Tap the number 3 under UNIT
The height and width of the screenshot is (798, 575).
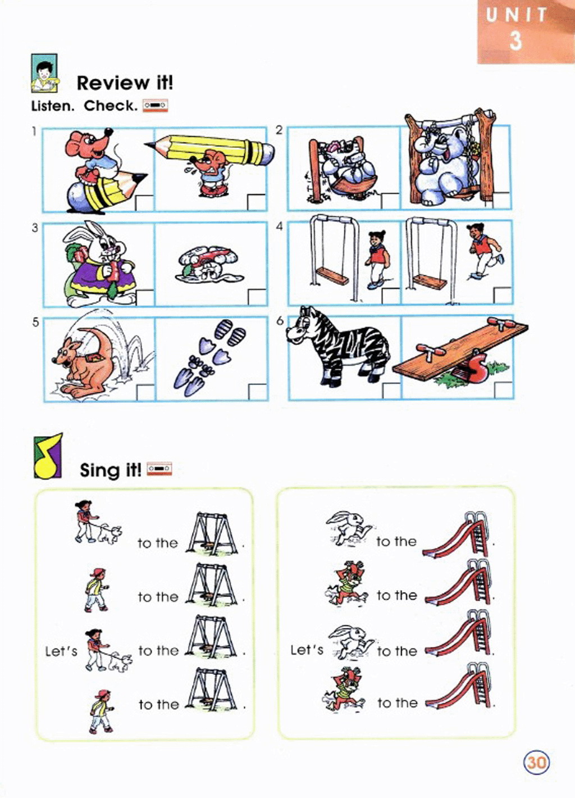pyautogui.click(x=515, y=40)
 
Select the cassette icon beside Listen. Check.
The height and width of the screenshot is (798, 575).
pyautogui.click(x=155, y=106)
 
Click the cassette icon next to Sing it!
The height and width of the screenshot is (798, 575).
pyautogui.click(x=160, y=469)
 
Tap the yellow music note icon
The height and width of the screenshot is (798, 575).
pyautogui.click(x=48, y=456)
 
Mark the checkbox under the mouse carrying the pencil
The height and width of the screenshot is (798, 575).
pyautogui.click(x=257, y=202)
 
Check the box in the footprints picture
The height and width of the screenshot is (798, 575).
pyautogui.click(x=258, y=392)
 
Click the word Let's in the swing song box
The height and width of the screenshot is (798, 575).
pyautogui.click(x=61, y=651)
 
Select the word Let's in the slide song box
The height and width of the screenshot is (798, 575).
pyautogui.click(x=307, y=650)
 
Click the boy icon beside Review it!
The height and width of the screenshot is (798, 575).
pyautogui.click(x=44, y=74)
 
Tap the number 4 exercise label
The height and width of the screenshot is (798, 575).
pyautogui.click(x=280, y=226)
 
